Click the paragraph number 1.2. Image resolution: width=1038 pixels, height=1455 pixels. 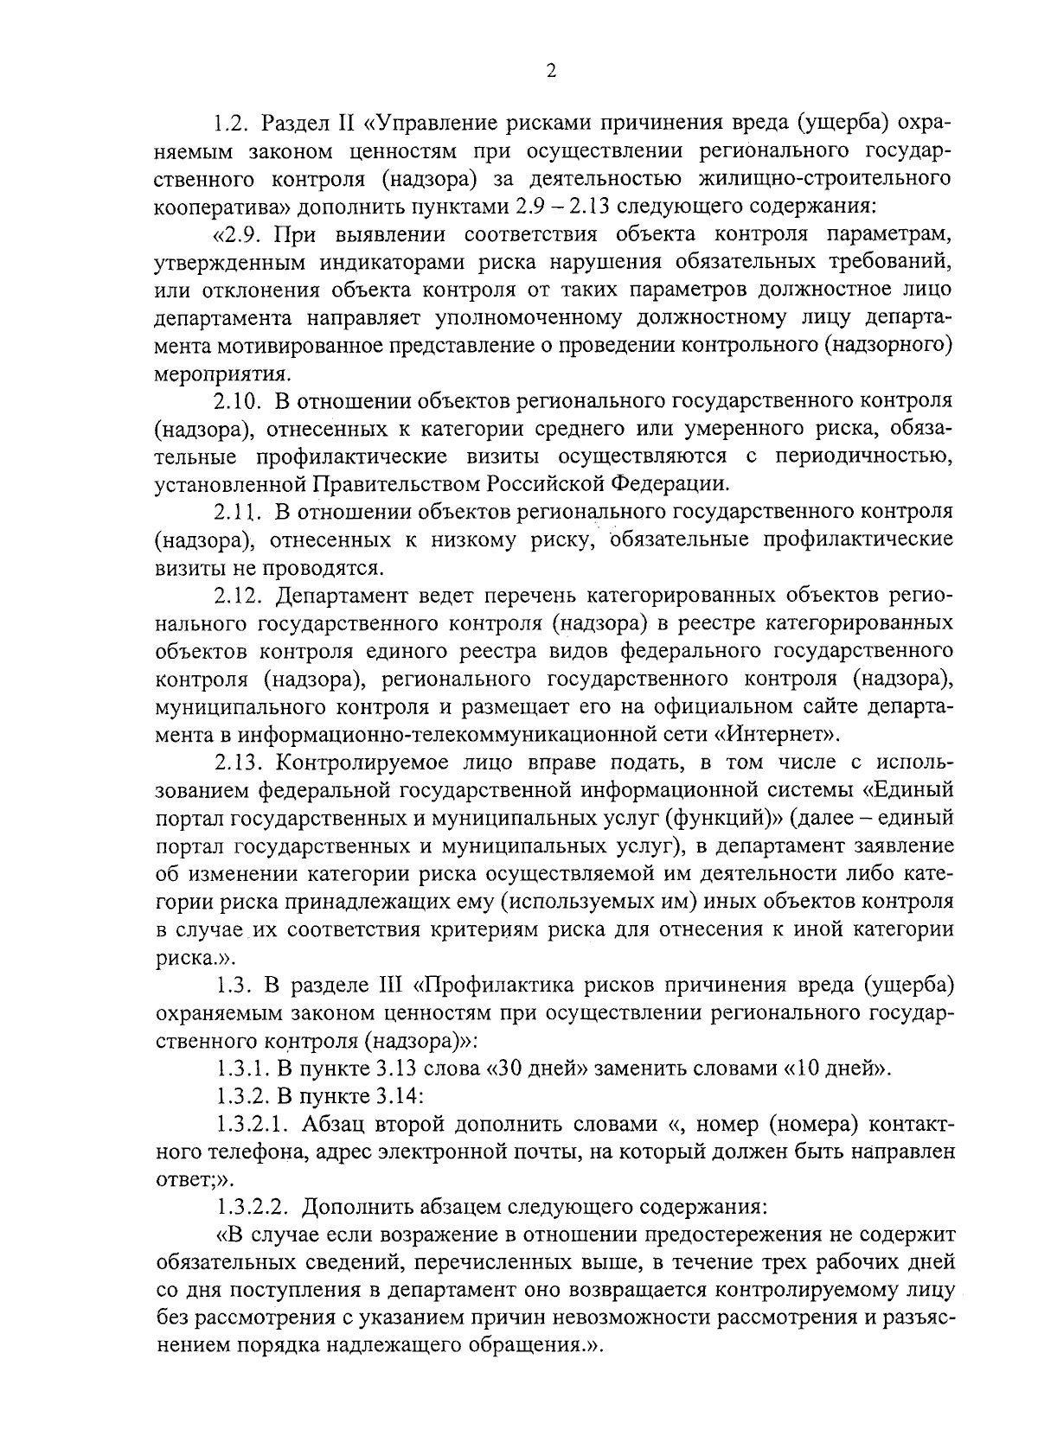(x=233, y=124)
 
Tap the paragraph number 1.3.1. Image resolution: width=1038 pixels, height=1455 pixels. (x=244, y=1068)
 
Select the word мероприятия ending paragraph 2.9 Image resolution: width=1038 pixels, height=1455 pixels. (x=221, y=374)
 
